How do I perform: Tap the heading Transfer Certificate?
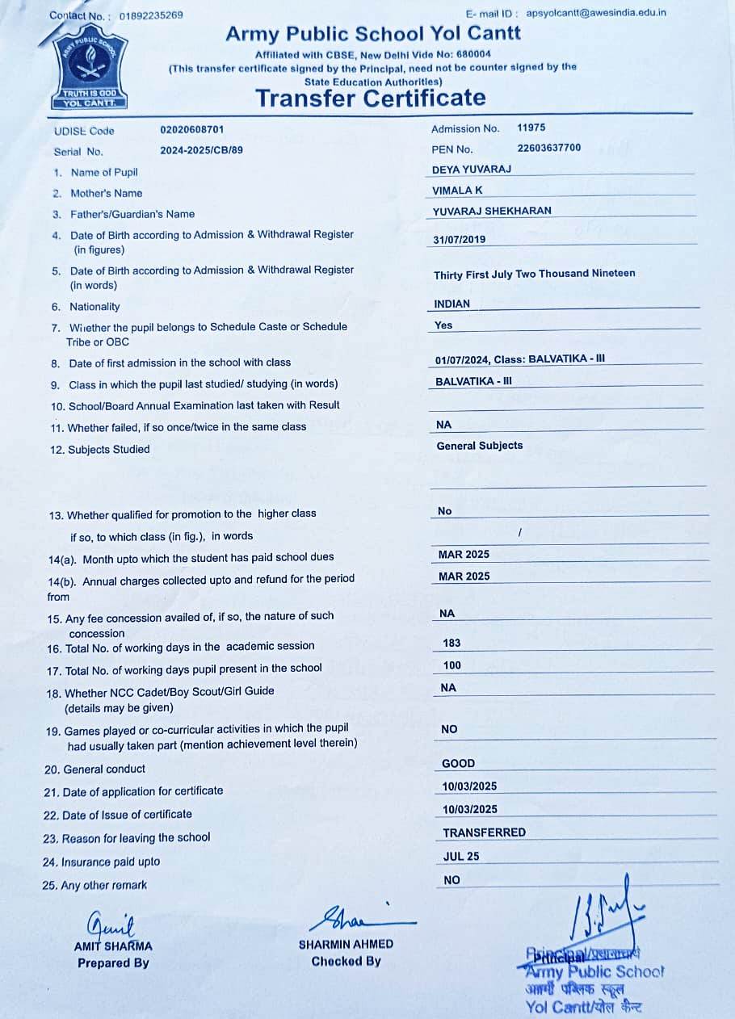(371, 99)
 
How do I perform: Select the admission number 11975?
(531, 128)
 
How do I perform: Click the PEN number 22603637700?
(549, 148)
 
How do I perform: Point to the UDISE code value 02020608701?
(192, 129)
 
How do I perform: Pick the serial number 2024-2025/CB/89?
(201, 150)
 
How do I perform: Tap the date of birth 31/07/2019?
(460, 240)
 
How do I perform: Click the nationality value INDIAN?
(451, 304)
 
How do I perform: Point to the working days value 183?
(452, 644)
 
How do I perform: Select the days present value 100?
(452, 665)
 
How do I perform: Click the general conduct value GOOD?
(459, 763)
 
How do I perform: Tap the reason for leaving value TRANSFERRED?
(484, 832)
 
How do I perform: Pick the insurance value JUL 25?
(461, 857)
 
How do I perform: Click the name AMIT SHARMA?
(113, 946)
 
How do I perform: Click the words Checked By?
(346, 962)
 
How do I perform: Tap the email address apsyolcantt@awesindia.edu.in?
(596, 13)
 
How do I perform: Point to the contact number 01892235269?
(150, 15)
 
